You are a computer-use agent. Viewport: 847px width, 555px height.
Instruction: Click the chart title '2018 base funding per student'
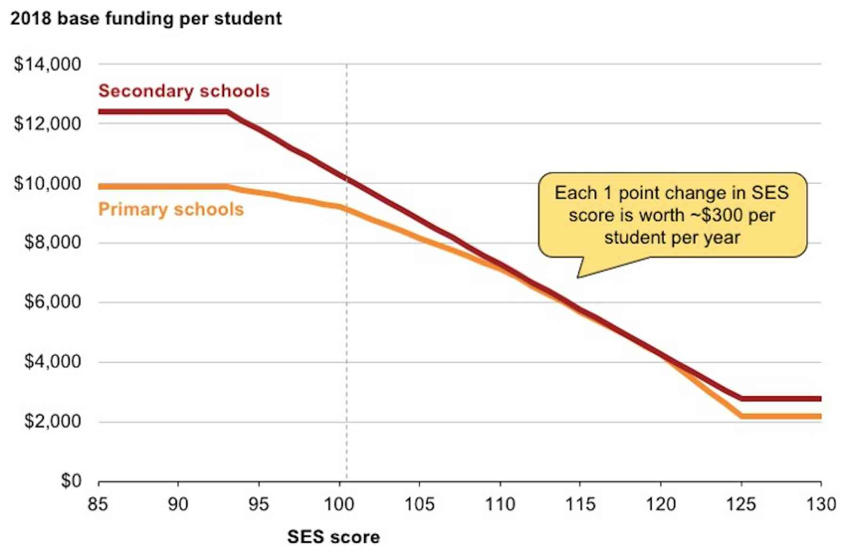(146, 19)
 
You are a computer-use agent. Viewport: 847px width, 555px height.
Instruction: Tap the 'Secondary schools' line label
(184, 91)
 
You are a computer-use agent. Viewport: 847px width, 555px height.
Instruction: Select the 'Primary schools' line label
(171, 209)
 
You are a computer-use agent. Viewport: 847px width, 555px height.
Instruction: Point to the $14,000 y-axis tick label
(48, 64)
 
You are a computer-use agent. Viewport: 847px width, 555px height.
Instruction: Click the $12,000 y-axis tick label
(48, 123)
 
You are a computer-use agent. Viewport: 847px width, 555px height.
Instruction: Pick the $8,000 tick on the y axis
(52, 242)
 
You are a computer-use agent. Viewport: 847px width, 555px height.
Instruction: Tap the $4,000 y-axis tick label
(52, 362)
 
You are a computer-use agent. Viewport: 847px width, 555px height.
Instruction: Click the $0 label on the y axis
(71, 481)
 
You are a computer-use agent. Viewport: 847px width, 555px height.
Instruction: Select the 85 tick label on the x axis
(98, 505)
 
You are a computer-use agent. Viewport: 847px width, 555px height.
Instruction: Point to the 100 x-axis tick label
(339, 505)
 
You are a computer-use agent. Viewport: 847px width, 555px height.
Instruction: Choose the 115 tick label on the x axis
(580, 505)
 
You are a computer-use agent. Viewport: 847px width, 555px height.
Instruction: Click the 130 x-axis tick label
(821, 505)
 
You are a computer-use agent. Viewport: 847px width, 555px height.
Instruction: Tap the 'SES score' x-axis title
(333, 537)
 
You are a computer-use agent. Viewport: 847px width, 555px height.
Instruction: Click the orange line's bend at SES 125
(742, 416)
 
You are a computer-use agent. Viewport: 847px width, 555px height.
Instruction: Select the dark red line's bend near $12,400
(228, 112)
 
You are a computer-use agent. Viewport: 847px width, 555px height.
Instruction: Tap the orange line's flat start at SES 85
(100, 187)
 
